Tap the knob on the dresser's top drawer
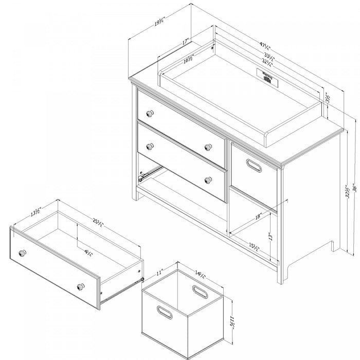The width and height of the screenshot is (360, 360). (150, 113)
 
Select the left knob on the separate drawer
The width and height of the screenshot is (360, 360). (23, 252)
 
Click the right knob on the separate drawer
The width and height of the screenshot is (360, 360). (81, 286)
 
